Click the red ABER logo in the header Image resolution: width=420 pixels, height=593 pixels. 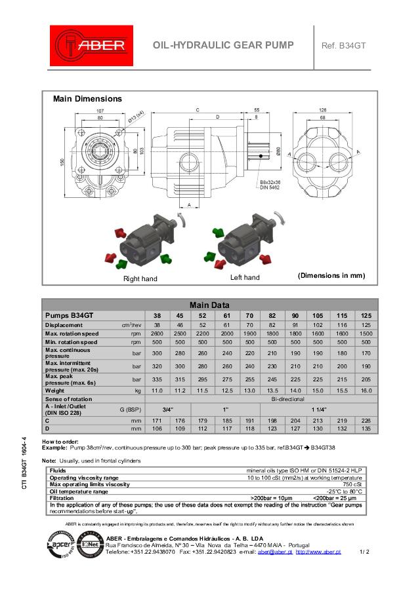tap(91, 46)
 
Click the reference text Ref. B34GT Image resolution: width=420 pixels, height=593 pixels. tap(343, 45)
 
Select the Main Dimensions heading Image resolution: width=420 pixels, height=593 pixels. tap(87, 99)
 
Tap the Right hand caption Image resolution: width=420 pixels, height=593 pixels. tap(140, 278)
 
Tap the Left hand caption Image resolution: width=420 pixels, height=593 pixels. tap(245, 278)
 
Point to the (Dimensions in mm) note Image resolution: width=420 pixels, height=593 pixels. tap(331, 275)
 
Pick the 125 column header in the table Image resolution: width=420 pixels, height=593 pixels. tap(366, 315)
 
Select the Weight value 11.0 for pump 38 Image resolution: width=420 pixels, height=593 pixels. tap(157, 391)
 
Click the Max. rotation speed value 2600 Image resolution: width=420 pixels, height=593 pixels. tap(157, 334)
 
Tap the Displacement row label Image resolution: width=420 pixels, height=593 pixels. tap(64, 325)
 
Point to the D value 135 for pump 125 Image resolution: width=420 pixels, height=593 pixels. tap(366, 429)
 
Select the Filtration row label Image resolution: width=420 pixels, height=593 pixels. tap(62, 498)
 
